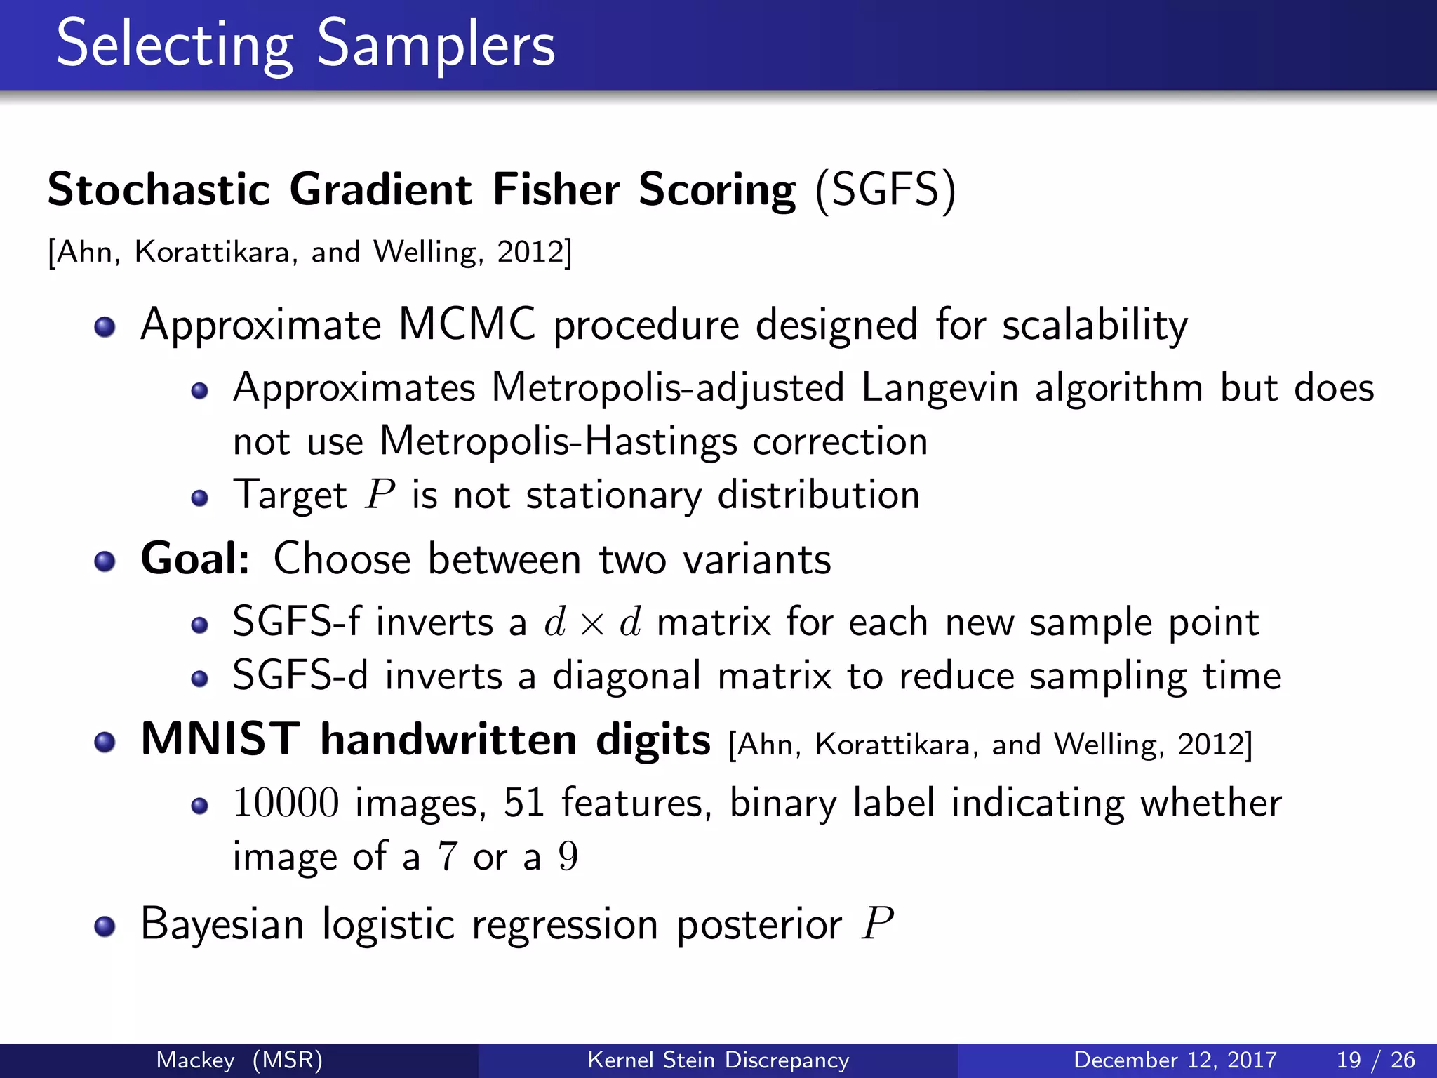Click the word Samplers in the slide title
coord(436,44)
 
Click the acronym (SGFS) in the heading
coord(885,189)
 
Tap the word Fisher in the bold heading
coord(556,189)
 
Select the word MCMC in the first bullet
coord(467,325)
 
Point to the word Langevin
coord(940,388)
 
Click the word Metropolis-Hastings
coord(559,442)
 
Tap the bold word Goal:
coord(195,559)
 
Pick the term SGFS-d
coord(300,676)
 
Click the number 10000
coord(286,803)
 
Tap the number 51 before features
coord(524,803)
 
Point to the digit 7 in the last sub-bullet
coord(447,857)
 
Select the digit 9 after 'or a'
coord(568,857)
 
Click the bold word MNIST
coord(220,740)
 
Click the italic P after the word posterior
coord(878,924)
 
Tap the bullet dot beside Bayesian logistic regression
coord(105,926)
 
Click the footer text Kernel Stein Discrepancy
coord(718,1060)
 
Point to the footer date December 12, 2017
coord(1175,1060)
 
